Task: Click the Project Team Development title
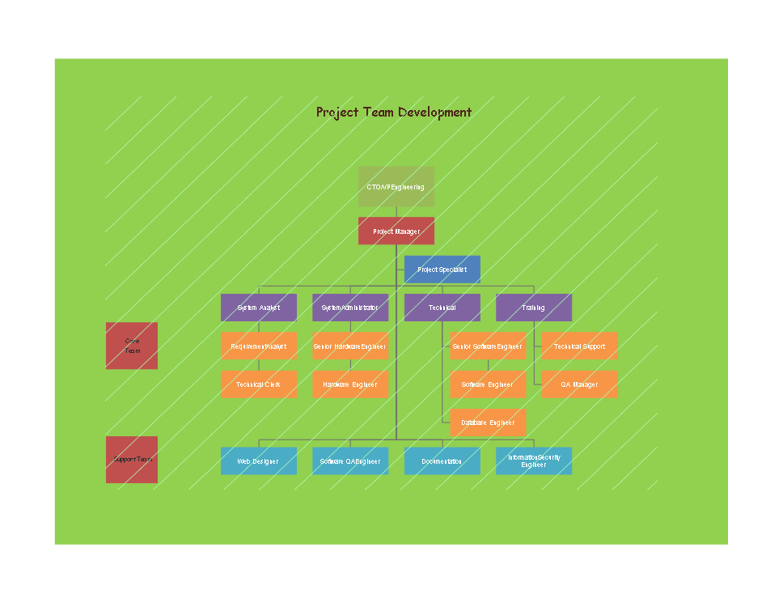coord(394,113)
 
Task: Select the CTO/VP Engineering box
coord(396,187)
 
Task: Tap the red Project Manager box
coord(396,231)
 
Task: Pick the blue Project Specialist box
coord(442,270)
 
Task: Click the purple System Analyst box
coord(259,308)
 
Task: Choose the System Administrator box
coord(350,308)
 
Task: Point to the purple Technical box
coord(442,308)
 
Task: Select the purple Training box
coord(533,308)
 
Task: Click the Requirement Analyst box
coord(259,346)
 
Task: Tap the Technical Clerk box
coord(259,384)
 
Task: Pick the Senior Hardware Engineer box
coord(350,346)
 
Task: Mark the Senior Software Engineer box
coord(488,346)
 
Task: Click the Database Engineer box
coord(488,423)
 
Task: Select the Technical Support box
coord(579,346)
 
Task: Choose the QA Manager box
coord(579,384)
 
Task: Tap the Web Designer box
coord(259,461)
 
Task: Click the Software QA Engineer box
coord(350,461)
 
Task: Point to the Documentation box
coord(442,461)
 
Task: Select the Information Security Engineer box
coord(533,461)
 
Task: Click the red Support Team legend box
coord(132,460)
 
